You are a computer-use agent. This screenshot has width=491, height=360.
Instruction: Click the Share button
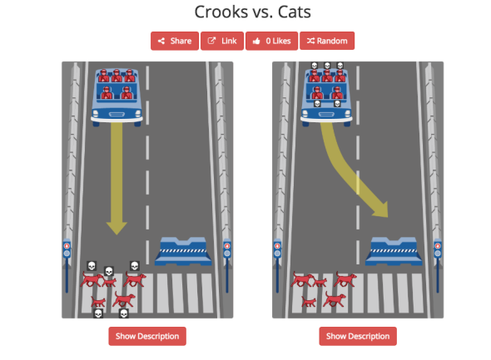coord(175,41)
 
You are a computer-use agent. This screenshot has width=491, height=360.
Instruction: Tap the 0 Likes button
coord(271,41)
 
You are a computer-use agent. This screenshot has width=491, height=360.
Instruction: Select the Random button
coord(327,41)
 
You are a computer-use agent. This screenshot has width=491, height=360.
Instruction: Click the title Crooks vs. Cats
coord(252,12)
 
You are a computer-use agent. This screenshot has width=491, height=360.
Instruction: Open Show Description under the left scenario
coord(147,336)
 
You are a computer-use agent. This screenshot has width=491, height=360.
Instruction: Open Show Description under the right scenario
coord(358,336)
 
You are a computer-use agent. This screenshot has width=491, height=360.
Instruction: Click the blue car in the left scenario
coord(117,97)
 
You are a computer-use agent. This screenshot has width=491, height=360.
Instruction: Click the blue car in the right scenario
coord(326,97)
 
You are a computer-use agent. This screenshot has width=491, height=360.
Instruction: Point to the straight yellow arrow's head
coord(117,228)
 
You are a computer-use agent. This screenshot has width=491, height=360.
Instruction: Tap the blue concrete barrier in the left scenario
coord(183,251)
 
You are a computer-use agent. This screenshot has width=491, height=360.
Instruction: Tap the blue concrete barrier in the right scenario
coord(394,251)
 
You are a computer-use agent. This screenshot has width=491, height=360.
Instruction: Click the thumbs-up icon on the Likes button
coord(256,41)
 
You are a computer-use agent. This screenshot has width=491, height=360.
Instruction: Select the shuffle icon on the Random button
coord(310,41)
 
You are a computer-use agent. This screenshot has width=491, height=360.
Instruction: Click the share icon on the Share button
coord(161,41)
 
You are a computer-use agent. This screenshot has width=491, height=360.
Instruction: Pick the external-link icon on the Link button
coord(211,41)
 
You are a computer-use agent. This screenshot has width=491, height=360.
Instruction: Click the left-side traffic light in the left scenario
coord(67,265)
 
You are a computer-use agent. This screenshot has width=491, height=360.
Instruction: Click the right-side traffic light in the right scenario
coord(438,265)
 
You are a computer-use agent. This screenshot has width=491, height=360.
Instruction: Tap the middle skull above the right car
coord(327,66)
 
